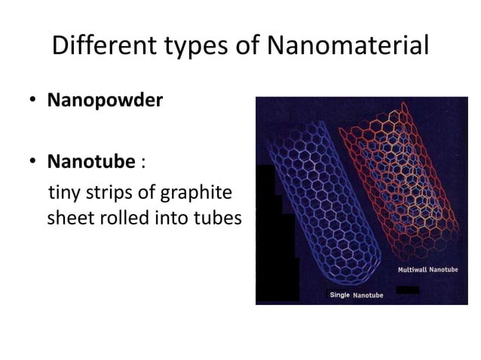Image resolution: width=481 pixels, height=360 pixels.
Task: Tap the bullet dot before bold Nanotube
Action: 35,162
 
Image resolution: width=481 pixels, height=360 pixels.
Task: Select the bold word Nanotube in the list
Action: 92,162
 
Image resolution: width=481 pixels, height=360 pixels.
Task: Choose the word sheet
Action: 67,219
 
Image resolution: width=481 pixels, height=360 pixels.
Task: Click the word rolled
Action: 118,218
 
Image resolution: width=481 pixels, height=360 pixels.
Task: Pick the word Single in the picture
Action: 339,294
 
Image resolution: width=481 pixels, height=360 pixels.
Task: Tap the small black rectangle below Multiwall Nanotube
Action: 407,290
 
